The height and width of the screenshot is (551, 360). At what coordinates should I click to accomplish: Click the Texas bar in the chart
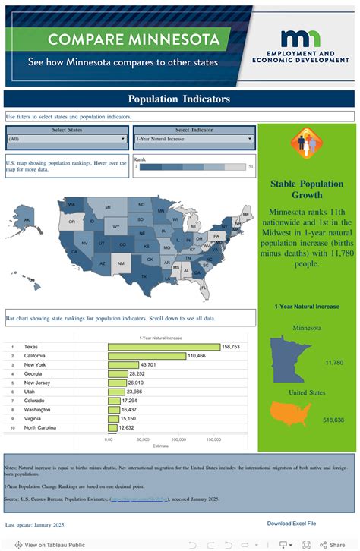click(x=163, y=346)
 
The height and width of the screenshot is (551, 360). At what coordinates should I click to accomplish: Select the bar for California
click(x=147, y=355)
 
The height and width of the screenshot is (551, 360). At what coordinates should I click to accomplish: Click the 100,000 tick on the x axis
click(x=179, y=439)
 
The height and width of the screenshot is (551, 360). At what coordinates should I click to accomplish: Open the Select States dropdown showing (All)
click(x=67, y=139)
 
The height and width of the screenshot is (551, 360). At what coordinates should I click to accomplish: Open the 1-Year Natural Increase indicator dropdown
click(x=194, y=139)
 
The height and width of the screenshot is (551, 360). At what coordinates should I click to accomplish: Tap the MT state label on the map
click(x=108, y=207)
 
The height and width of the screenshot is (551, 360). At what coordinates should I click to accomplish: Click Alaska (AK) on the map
click(x=27, y=221)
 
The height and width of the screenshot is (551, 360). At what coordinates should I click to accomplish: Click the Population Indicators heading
click(x=178, y=99)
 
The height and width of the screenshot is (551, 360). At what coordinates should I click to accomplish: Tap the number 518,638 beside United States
click(x=333, y=420)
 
